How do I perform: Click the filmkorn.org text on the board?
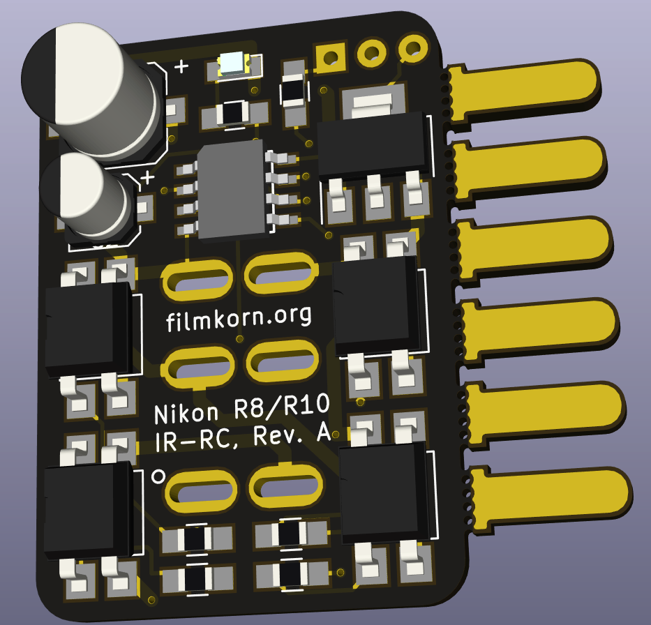click(x=239, y=319)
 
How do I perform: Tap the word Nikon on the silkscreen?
click(x=186, y=414)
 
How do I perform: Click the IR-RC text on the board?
click(x=197, y=439)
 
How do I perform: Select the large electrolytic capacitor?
click(x=91, y=91)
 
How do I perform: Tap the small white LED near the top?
click(x=234, y=65)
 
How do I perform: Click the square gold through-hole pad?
click(x=331, y=57)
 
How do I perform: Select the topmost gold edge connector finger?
click(x=523, y=91)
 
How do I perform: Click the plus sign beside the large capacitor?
click(x=181, y=66)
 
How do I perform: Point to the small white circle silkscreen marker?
click(x=158, y=476)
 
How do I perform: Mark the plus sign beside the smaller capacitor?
click(x=147, y=178)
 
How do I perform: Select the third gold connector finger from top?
click(x=534, y=249)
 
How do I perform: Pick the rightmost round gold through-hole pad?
click(x=414, y=48)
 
